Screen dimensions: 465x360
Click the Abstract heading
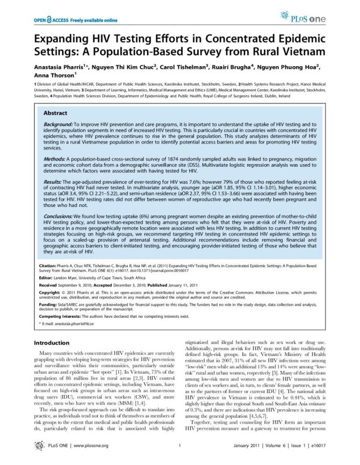tap(55, 113)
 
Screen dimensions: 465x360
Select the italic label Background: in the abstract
tap(59, 124)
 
